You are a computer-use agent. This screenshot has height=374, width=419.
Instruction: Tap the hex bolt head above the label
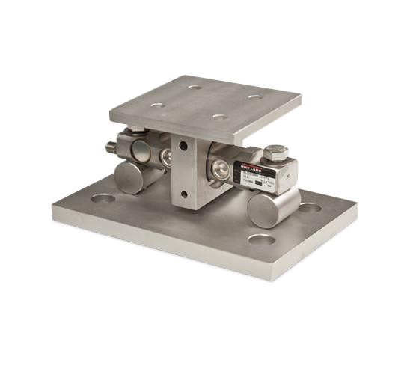click(x=275, y=153)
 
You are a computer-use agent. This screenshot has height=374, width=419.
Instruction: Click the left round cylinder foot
click(x=129, y=177)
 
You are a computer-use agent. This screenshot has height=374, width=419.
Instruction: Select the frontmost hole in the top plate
click(x=219, y=117)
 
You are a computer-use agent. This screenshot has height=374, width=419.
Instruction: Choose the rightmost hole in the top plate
click(x=255, y=96)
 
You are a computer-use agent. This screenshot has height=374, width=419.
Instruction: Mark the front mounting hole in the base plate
click(x=262, y=240)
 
